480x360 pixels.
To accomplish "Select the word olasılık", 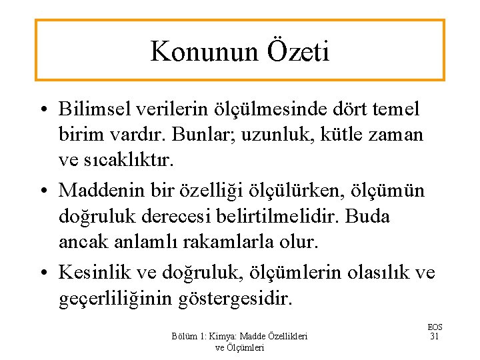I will [x=381, y=272].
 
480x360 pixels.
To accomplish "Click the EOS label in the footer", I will [x=435, y=327].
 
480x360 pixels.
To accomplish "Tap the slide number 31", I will [x=435, y=337].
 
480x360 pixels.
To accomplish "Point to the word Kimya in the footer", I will [x=223, y=336].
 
